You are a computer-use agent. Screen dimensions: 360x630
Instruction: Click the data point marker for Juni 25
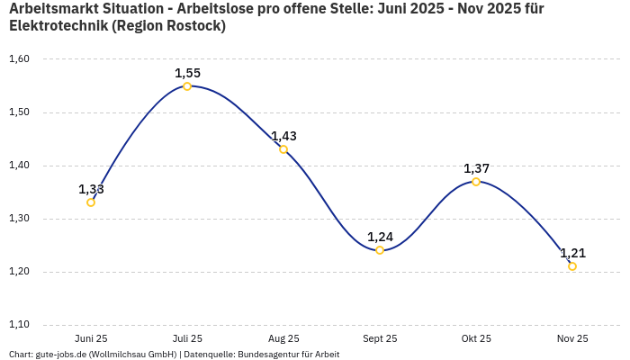[91, 202]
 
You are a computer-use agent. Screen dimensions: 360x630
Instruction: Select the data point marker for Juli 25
[187, 86]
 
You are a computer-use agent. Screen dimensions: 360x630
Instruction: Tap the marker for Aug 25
[283, 149]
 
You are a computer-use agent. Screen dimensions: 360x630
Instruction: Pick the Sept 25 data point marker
[380, 250]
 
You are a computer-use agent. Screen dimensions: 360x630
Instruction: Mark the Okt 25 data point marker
[476, 182]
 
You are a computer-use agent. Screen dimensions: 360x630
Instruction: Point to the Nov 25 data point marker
[572, 266]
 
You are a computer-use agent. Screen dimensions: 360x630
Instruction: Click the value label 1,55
[187, 73]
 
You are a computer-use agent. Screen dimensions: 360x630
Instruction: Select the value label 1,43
[283, 136]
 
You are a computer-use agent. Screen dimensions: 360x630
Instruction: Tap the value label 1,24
[380, 237]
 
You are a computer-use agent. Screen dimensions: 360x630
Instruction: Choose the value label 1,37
[476, 168]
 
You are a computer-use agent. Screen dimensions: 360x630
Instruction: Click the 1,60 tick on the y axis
[19, 59]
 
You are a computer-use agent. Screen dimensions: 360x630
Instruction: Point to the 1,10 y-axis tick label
[19, 325]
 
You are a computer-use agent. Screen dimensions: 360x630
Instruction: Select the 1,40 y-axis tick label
[19, 166]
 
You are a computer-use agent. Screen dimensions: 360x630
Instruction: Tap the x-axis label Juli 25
[187, 338]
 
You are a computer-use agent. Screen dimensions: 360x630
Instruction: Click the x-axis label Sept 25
[380, 338]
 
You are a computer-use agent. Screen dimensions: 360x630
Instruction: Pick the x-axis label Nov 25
[572, 338]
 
